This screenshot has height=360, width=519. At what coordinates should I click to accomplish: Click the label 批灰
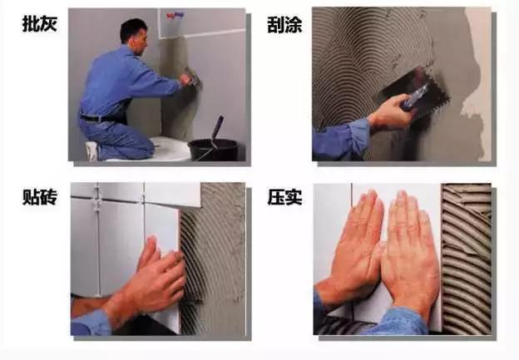point(40,24)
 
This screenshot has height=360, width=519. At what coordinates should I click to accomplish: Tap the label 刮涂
point(284,25)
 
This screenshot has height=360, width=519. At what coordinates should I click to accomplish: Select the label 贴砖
point(40,197)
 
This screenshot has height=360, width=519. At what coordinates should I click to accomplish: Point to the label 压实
point(284,198)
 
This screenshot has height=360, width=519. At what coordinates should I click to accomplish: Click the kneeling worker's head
point(134,36)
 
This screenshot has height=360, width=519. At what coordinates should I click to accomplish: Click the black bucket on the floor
point(212,150)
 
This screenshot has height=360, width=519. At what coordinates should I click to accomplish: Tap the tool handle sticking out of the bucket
point(217,129)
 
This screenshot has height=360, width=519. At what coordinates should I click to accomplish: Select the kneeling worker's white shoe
point(92,151)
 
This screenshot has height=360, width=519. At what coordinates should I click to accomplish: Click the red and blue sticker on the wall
point(175,15)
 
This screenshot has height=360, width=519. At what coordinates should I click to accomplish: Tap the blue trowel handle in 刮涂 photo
point(413,97)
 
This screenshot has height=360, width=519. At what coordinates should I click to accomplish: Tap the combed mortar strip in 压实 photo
point(467,259)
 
